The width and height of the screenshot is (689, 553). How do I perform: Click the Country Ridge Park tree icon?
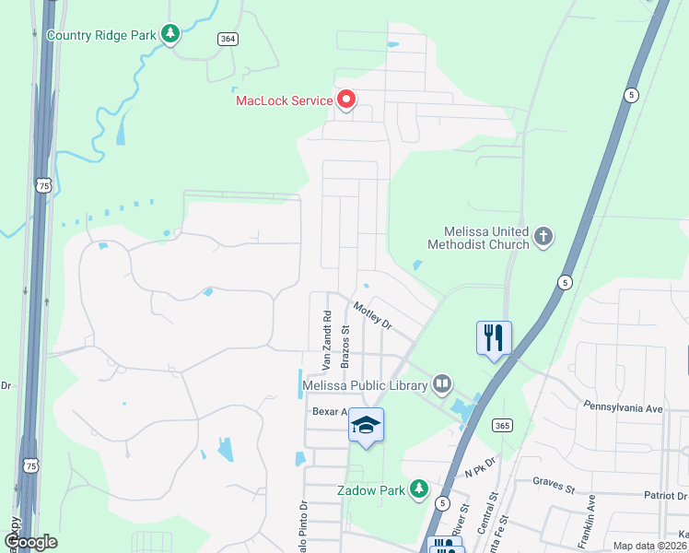click(x=169, y=35)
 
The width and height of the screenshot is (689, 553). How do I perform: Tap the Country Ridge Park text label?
click(x=100, y=36)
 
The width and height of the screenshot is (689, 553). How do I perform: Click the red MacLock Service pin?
click(x=345, y=99)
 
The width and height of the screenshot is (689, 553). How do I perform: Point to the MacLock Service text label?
click(x=284, y=100)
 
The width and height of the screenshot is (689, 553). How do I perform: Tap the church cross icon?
click(x=543, y=237)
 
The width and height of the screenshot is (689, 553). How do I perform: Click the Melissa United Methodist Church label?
click(x=478, y=238)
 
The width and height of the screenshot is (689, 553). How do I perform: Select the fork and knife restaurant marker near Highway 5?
click(x=495, y=337)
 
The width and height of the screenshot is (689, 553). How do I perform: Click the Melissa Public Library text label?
click(x=366, y=385)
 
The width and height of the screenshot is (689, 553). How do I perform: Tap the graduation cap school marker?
click(x=366, y=425)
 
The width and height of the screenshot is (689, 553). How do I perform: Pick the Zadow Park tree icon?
click(x=419, y=488)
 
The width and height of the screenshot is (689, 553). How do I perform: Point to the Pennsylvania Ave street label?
click(x=623, y=406)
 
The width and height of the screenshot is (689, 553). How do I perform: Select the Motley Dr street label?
click(x=372, y=313)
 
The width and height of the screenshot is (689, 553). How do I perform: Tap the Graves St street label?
click(x=553, y=480)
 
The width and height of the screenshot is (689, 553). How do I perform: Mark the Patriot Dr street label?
click(x=666, y=495)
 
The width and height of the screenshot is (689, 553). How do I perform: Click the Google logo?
click(x=29, y=542)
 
